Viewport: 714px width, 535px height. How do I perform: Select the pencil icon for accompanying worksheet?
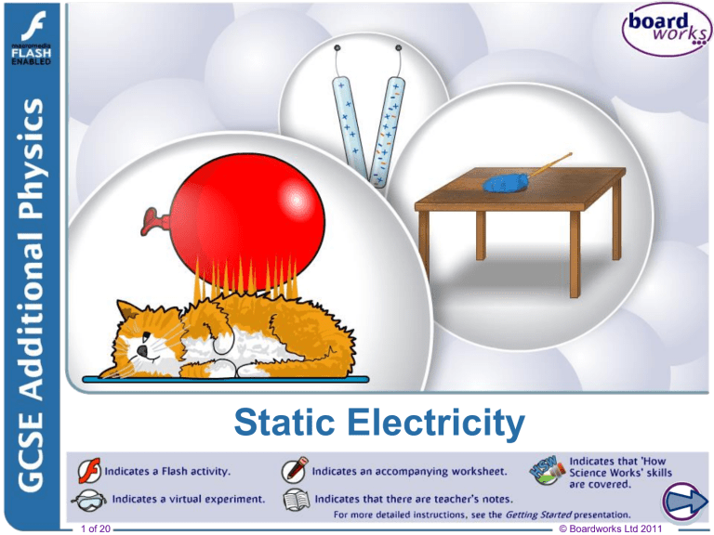[296, 470]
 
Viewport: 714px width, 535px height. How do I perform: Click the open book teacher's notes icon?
[296, 500]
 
